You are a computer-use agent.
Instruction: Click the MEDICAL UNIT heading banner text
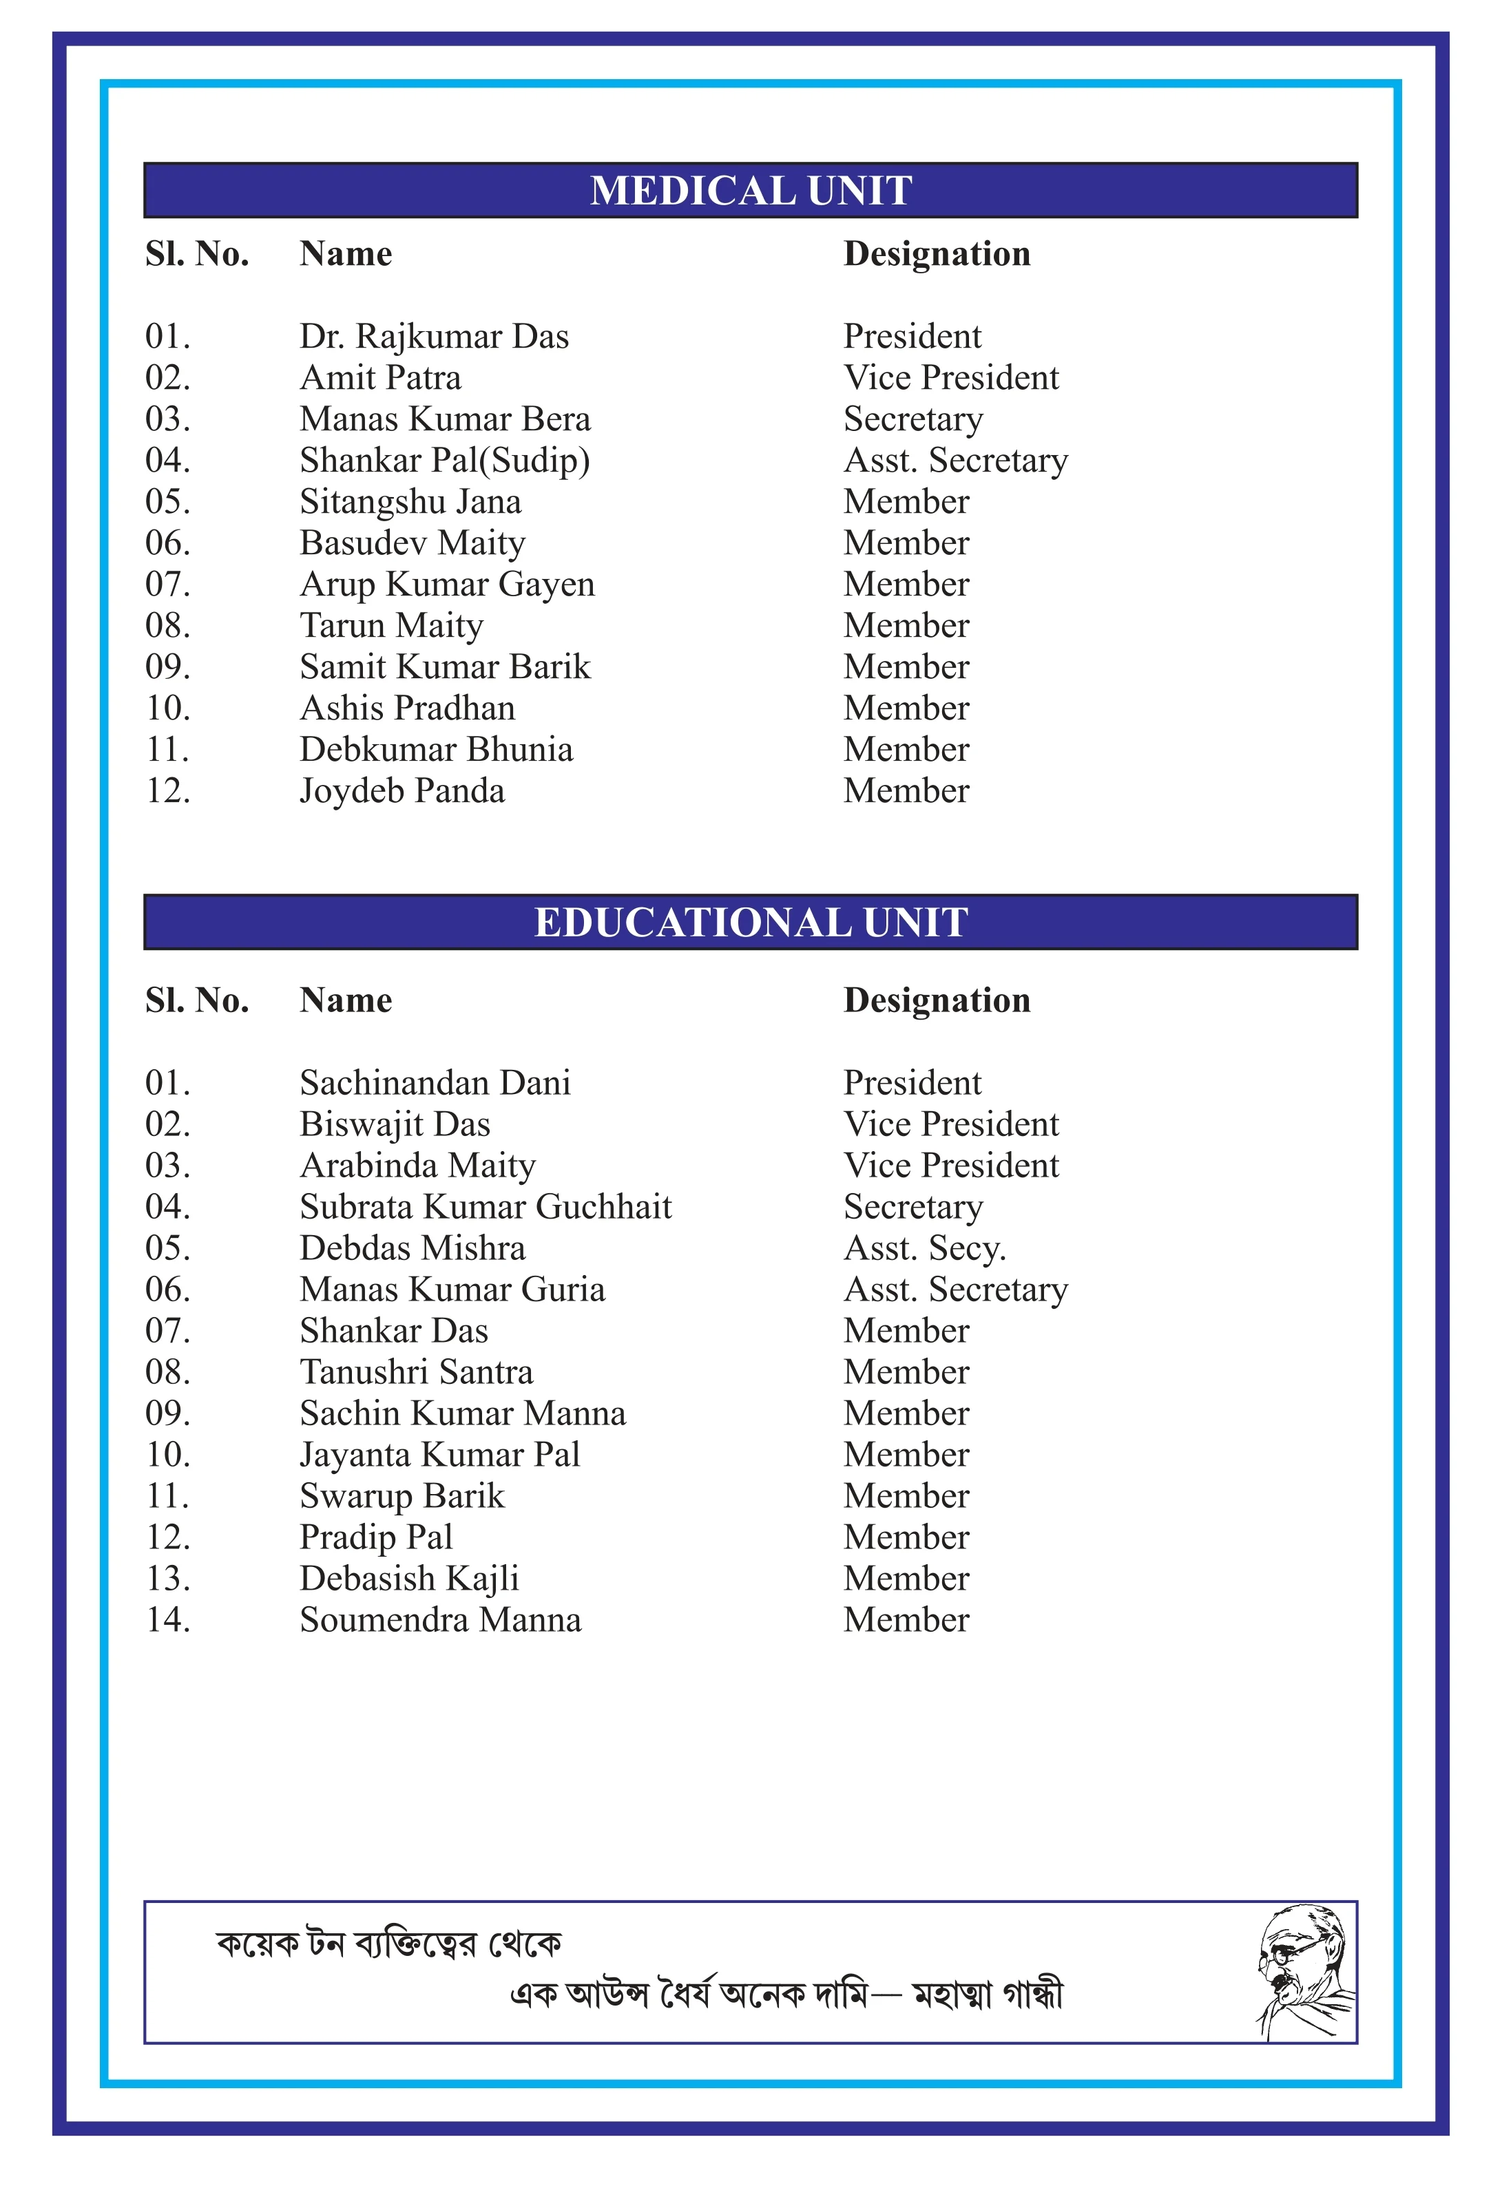point(751,191)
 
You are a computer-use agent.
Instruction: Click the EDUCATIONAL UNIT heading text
point(751,923)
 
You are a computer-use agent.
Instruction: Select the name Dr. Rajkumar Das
point(434,337)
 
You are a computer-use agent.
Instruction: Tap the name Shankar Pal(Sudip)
point(444,461)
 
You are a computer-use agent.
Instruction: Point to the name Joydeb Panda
point(402,791)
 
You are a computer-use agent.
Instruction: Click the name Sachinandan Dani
point(435,1084)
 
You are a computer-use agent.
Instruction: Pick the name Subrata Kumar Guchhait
point(485,1207)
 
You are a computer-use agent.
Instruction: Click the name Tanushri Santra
point(416,1373)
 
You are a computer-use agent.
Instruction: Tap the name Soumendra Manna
point(441,1620)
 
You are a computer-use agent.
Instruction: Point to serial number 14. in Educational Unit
point(167,1620)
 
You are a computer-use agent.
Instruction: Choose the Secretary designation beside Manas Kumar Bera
point(912,420)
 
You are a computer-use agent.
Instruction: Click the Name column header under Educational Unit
point(346,1001)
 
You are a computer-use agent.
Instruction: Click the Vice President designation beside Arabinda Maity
point(951,1166)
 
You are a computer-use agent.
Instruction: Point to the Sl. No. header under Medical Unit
point(197,254)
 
